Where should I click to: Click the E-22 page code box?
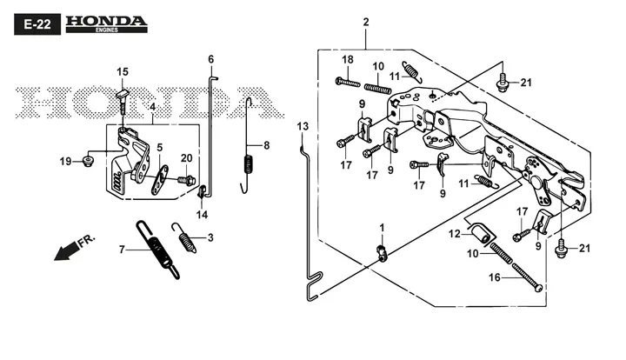[37, 24]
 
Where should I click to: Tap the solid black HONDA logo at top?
[107, 24]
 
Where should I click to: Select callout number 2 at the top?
[366, 22]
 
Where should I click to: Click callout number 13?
[303, 126]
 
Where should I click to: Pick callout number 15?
[123, 72]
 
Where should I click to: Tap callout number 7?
[123, 250]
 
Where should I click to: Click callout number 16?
[495, 277]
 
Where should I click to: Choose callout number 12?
[455, 234]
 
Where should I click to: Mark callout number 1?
[382, 228]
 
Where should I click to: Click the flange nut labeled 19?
[88, 162]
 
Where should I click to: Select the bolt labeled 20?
[186, 180]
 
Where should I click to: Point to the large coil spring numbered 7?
[157, 249]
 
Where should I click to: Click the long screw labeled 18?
[348, 83]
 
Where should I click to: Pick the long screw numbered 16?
[527, 277]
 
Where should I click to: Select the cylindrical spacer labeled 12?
[481, 232]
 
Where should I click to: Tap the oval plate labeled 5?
[160, 180]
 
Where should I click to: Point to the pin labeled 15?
[123, 102]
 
